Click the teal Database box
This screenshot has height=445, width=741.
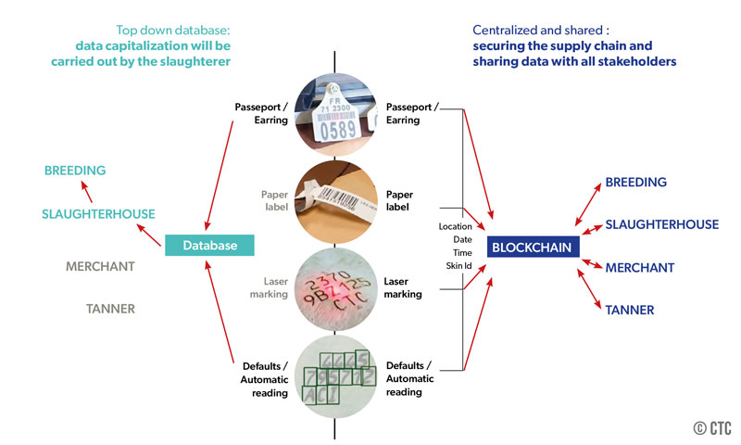point(208,246)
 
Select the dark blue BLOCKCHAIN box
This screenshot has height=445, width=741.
point(531,247)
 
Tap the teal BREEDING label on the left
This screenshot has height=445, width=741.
point(75,171)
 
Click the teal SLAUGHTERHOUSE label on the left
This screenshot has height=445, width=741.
point(98,214)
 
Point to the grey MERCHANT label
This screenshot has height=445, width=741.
point(100,266)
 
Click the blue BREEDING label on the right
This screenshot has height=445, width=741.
point(635,183)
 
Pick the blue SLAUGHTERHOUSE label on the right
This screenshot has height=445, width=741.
point(661,224)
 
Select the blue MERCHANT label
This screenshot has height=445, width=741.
point(639,267)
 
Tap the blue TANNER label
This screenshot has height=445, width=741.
point(629,310)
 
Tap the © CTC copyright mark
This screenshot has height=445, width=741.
point(711,427)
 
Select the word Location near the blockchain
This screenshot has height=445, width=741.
point(455,226)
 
